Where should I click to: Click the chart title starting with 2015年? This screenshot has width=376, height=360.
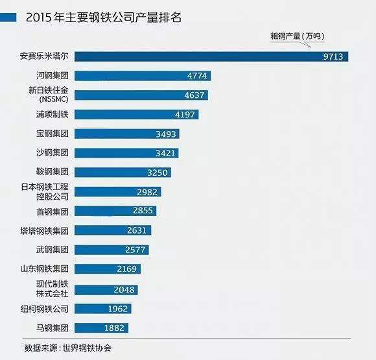(x=103, y=17)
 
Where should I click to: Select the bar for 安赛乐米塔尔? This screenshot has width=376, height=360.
(x=214, y=56)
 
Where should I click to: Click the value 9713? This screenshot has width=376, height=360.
(x=335, y=56)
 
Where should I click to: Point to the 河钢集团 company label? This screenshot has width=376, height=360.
(x=50, y=76)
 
